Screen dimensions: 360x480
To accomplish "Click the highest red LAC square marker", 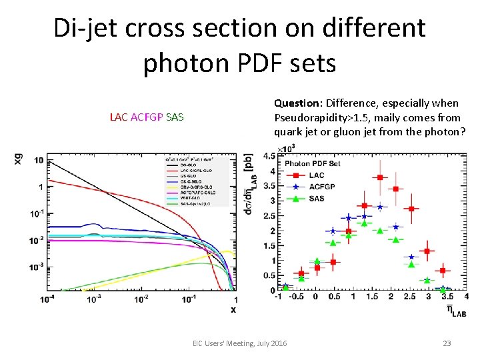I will click(x=380, y=177).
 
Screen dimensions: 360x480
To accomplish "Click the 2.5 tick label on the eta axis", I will click(x=408, y=297).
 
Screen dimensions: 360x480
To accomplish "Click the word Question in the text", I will click(x=295, y=103).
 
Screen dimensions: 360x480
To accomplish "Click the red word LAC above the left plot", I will click(x=119, y=117).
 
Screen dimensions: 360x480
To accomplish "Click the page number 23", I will click(x=447, y=343).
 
